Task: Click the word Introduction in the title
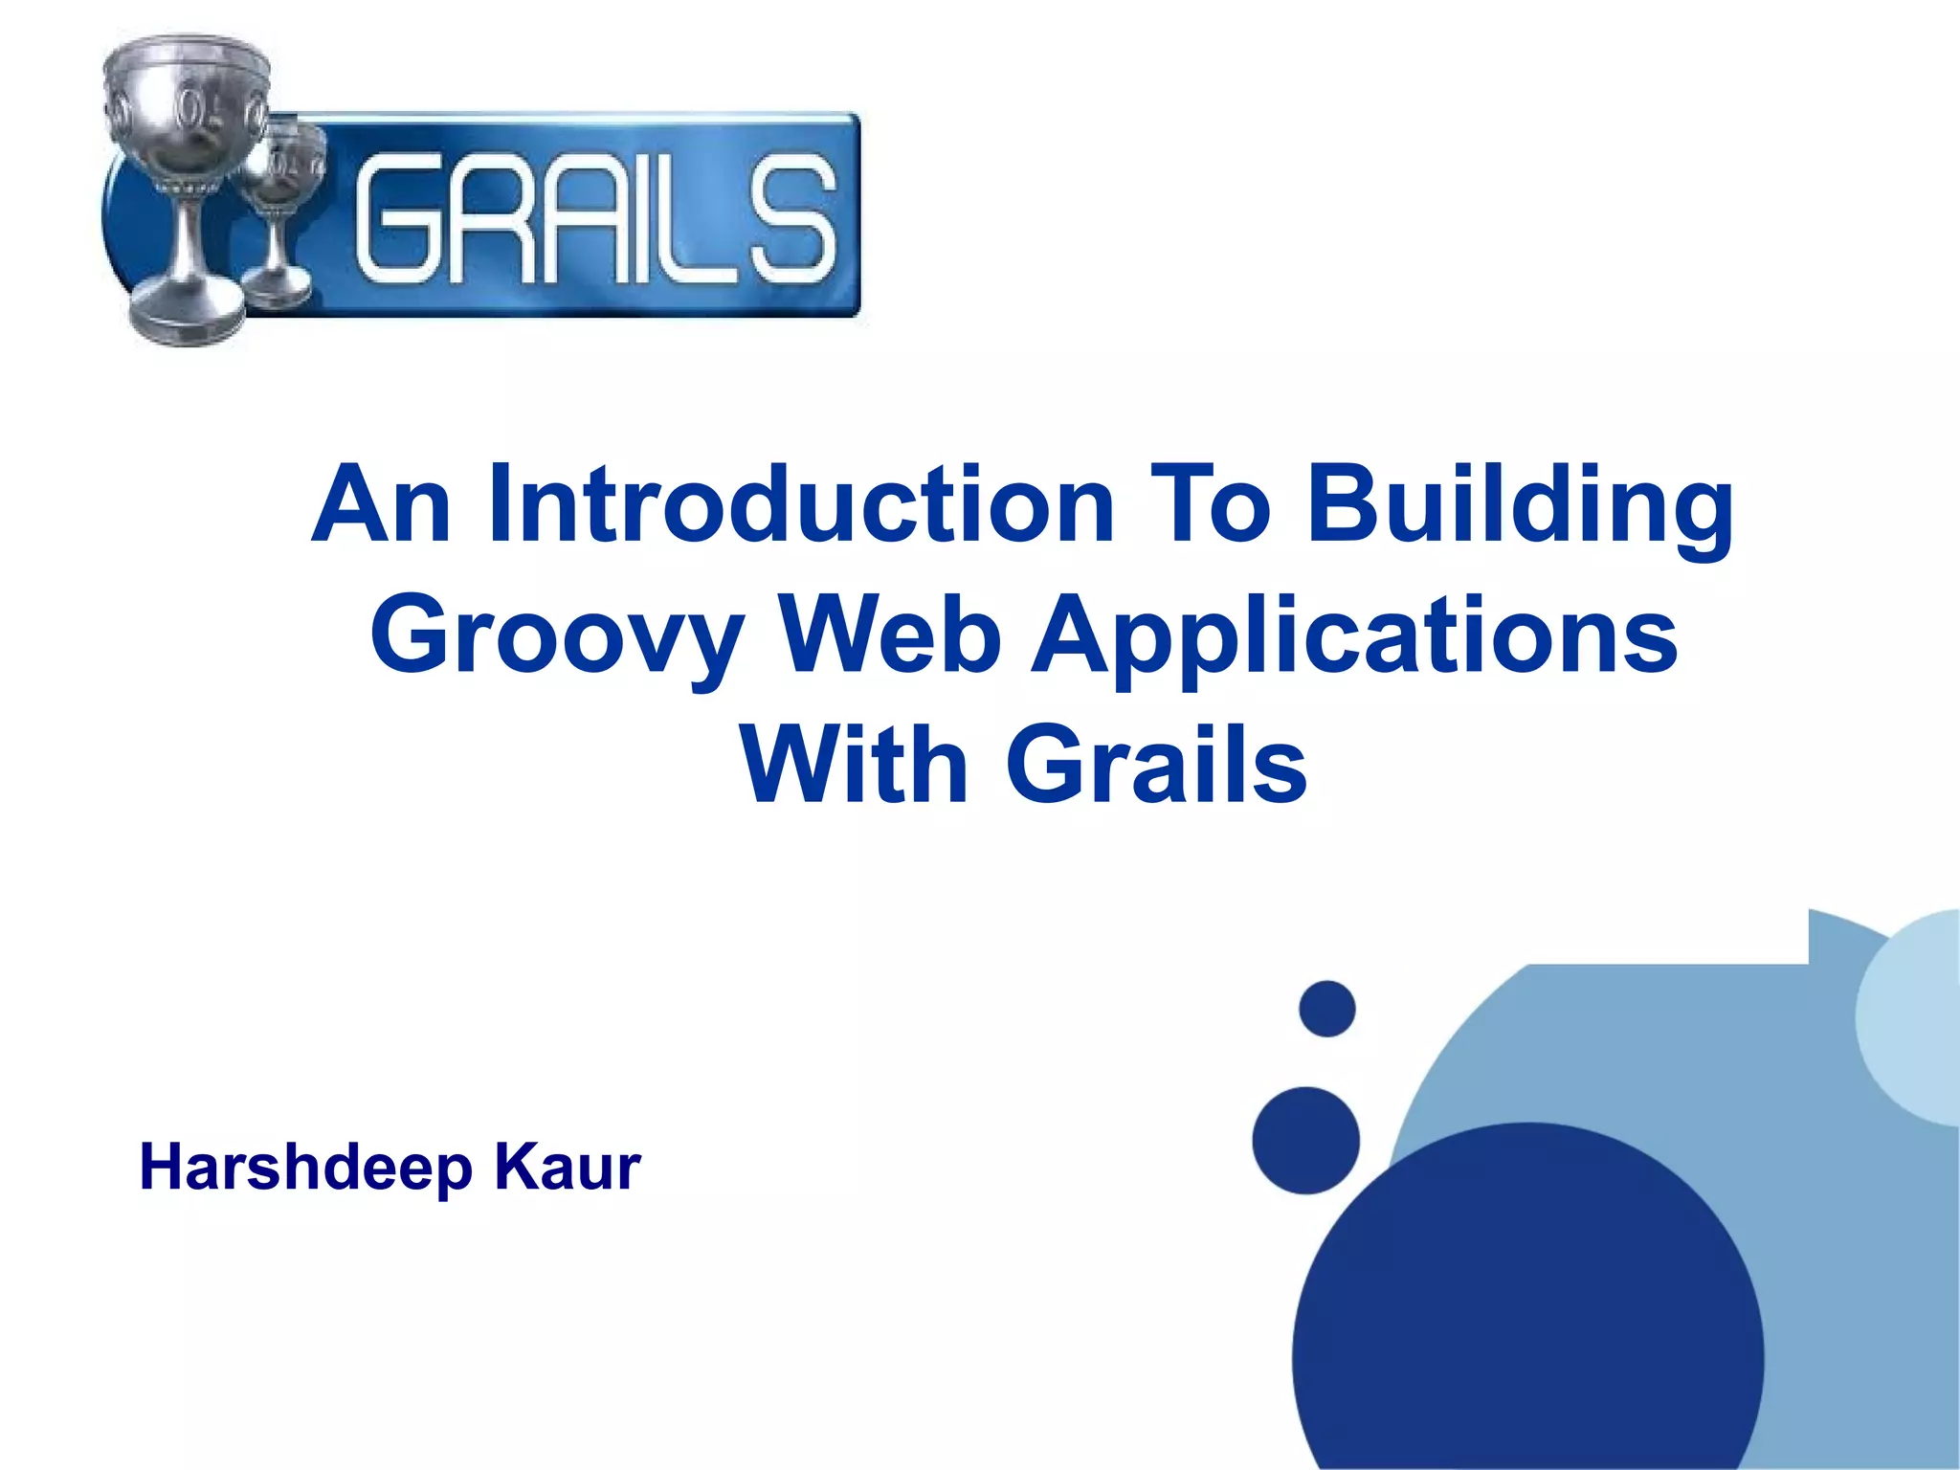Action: coord(800,504)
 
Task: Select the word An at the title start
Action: coord(381,504)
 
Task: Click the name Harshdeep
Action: coord(306,1168)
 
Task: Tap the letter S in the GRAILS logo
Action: coord(792,220)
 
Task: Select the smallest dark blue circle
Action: coord(1326,1009)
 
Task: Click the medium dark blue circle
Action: coord(1305,1140)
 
